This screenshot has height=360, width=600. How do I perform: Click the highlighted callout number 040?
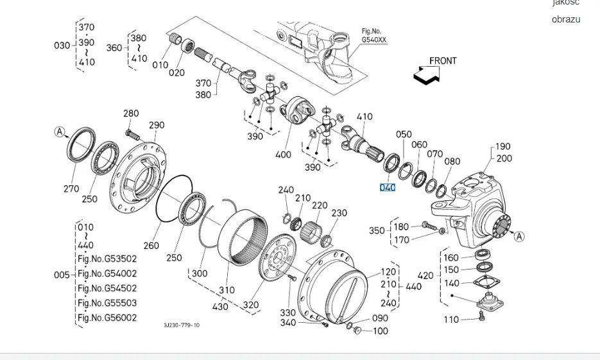tap(387, 187)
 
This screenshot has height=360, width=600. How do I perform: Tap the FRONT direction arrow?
tap(427, 74)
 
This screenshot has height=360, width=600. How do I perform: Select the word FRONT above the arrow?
tap(443, 61)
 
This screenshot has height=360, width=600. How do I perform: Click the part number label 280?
tap(131, 113)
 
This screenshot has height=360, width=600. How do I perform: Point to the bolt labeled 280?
tap(132, 135)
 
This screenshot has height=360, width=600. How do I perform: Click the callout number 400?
tap(283, 155)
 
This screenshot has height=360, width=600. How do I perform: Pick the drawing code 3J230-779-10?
tap(182, 325)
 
